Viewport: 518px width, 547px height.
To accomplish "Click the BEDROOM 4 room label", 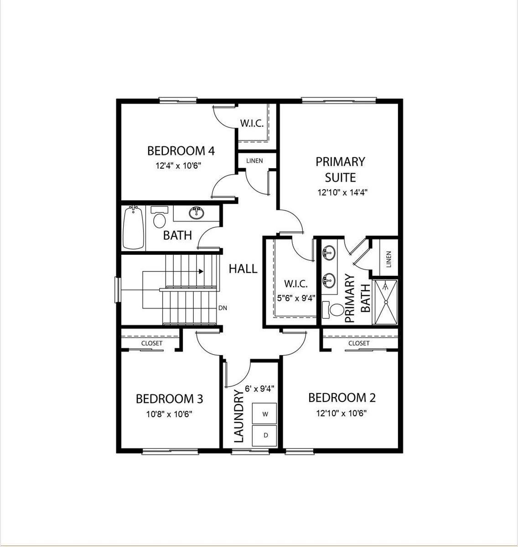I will click(x=181, y=151).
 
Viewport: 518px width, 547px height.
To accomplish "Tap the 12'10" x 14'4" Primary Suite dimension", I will click(x=342, y=192).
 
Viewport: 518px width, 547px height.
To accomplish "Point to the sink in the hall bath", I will click(x=197, y=213).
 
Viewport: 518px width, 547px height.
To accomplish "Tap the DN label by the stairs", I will click(x=223, y=308).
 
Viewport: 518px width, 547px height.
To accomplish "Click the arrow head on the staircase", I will click(x=201, y=272).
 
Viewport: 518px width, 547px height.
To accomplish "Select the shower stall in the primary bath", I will click(x=386, y=302).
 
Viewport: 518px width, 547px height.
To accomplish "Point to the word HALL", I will click(x=243, y=269).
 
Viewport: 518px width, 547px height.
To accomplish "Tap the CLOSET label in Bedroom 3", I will click(x=151, y=343).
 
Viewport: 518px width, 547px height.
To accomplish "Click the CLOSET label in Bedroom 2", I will click(x=358, y=343).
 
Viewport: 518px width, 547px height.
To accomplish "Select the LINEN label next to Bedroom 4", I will click(x=254, y=160).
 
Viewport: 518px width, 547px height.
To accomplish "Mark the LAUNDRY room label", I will click(x=239, y=417).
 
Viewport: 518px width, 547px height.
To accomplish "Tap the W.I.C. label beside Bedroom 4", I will click(x=252, y=124).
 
